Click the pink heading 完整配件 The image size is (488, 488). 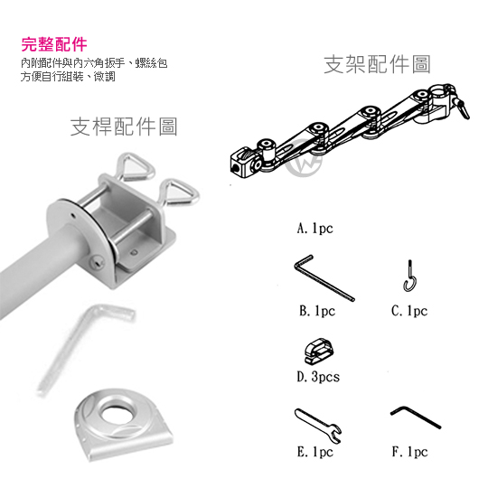(x=54, y=44)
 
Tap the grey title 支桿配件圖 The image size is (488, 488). (x=124, y=127)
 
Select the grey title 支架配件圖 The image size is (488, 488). (x=377, y=64)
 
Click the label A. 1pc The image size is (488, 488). (x=315, y=229)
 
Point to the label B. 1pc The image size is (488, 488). (x=317, y=311)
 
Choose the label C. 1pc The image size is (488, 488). (x=409, y=311)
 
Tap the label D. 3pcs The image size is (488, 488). (x=318, y=377)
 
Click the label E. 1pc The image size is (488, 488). (x=315, y=452)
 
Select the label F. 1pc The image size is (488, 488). (x=410, y=452)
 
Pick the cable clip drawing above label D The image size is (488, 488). (x=319, y=351)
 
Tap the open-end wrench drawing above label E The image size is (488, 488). (x=317, y=425)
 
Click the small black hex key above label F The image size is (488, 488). (x=416, y=418)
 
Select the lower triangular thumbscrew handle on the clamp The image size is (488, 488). (x=181, y=193)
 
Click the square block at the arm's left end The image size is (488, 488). (x=243, y=163)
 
